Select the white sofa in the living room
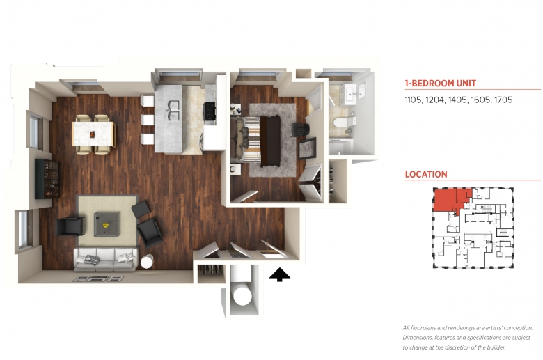coord(105,259)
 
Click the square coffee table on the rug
coord(107,224)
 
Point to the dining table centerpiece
coord(92,134)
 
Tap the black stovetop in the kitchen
coord(210,111)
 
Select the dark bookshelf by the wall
coord(47,179)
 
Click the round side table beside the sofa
coord(147,261)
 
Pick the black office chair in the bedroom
coord(300,130)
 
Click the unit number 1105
coord(413,100)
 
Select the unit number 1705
coord(503,100)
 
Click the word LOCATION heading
coord(426,174)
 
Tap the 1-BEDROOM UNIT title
coord(441,83)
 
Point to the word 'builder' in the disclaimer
coord(495,347)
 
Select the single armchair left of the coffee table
coord(70,226)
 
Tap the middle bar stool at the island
coord(148,120)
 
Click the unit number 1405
coord(457,100)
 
